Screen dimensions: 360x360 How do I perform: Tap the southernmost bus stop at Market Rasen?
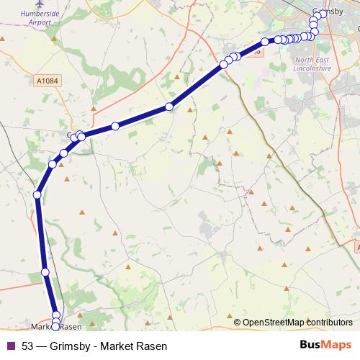pos(55,328)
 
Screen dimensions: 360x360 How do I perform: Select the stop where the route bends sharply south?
pos(37,194)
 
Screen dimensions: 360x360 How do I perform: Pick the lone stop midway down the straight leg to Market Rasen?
pos(45,271)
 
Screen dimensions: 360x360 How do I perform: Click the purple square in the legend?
pos(10,346)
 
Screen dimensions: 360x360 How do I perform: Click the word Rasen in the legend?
pos(152,346)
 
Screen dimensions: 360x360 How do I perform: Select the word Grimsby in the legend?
pos(70,346)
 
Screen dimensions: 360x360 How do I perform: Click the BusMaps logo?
pos(326,346)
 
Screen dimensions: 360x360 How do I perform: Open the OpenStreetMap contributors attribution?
pos(297,322)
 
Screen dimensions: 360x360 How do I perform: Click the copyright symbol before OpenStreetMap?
pos(238,322)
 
